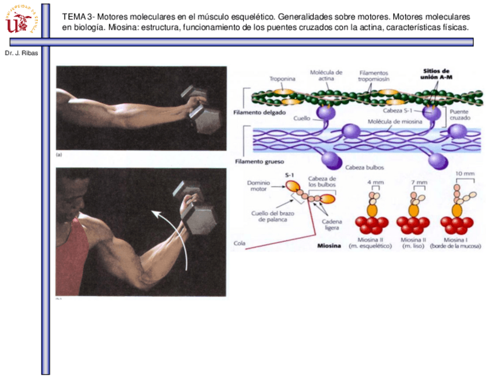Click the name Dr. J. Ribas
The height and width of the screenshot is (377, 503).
[x=21, y=53]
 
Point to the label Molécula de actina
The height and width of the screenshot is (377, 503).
[x=326, y=76]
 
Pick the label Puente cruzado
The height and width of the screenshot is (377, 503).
[x=460, y=114]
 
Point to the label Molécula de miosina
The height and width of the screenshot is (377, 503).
[x=394, y=122]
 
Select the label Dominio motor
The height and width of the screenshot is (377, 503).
[x=259, y=187]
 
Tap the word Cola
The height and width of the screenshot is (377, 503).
[x=240, y=242]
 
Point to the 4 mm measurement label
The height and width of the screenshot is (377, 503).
[x=375, y=182]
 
